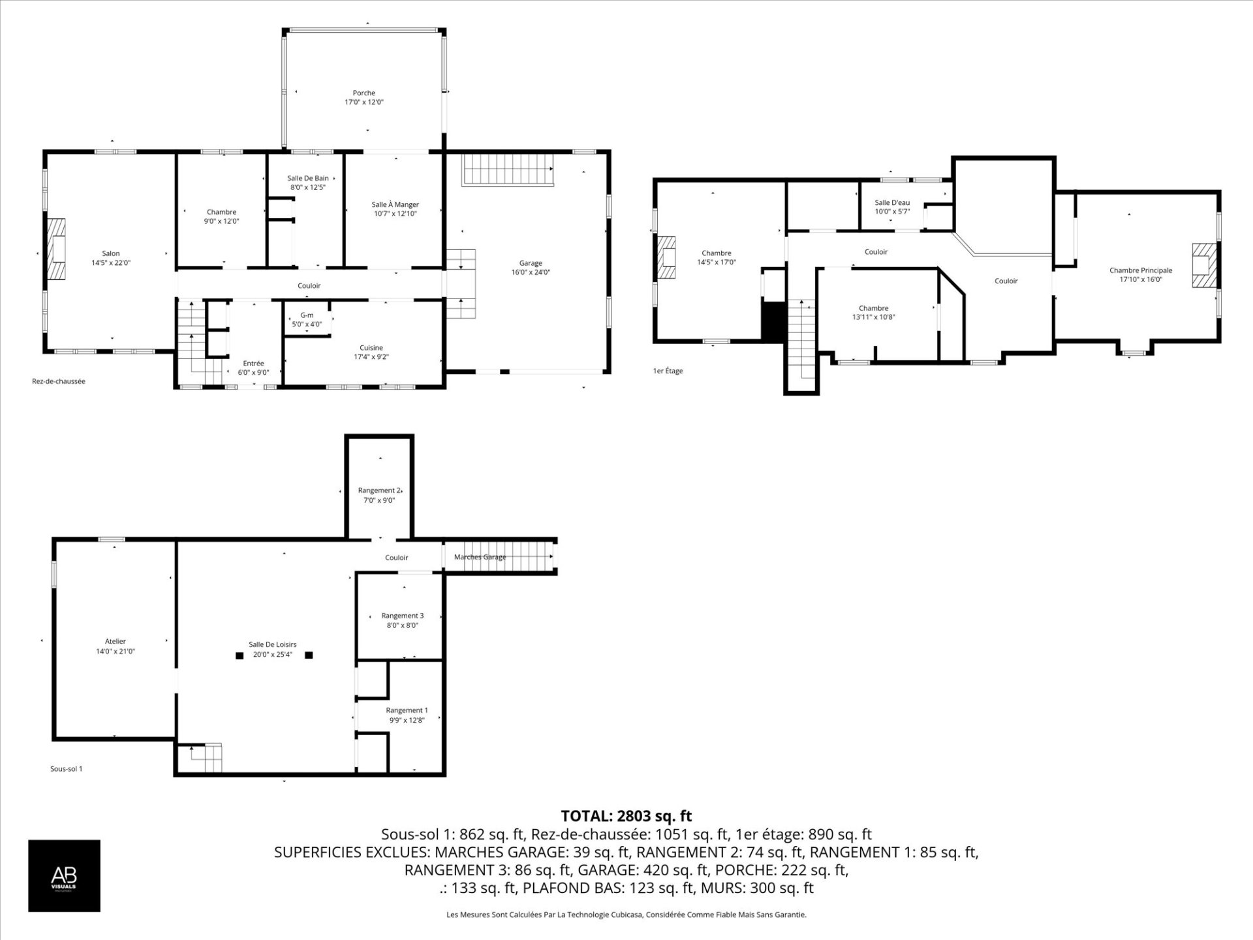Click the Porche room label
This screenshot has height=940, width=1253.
[364, 93]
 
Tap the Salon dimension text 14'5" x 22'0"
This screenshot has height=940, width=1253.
[110, 263]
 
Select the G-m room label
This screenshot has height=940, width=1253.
[306, 315]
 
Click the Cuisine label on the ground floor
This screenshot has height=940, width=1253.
[371, 348]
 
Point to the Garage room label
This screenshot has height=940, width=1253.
[531, 263]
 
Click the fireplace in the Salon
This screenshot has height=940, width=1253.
[56, 249]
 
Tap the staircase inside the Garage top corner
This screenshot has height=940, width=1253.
[506, 170]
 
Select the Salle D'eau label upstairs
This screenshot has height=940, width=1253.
[892, 202]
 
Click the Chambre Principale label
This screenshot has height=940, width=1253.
[1140, 270]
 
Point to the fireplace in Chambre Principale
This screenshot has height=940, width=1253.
[1205, 265]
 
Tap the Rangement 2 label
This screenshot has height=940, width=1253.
[379, 490]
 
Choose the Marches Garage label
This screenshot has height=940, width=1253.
[480, 557]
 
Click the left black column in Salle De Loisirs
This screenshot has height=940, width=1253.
[240, 655]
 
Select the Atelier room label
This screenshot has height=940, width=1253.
[116, 642]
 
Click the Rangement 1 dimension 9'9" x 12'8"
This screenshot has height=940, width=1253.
[407, 720]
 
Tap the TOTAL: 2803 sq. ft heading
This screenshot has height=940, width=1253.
[626, 816]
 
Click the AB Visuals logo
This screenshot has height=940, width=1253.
[64, 875]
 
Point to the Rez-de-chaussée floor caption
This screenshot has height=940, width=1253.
[59, 381]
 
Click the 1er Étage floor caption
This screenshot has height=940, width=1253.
[668, 371]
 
